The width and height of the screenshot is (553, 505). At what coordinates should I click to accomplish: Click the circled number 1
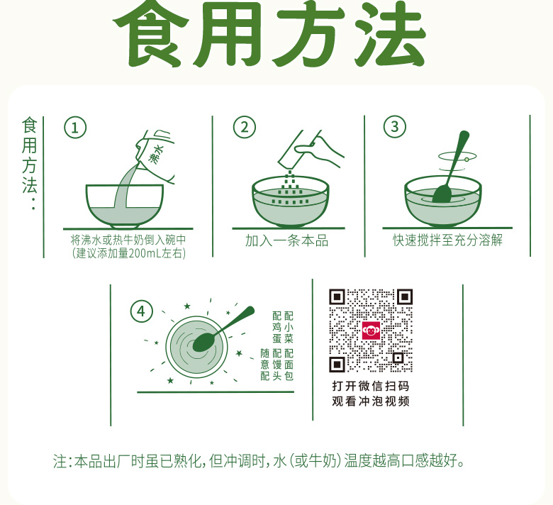click(75, 128)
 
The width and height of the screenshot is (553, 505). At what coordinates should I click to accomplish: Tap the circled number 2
click(245, 127)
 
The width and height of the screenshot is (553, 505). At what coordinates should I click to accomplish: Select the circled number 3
click(395, 126)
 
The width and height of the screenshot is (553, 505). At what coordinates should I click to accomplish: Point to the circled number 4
click(141, 311)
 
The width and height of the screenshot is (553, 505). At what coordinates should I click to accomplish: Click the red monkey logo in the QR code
click(371, 331)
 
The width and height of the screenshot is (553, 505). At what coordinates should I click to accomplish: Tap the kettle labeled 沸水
click(155, 155)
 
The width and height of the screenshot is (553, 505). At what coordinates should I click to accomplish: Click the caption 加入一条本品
click(286, 240)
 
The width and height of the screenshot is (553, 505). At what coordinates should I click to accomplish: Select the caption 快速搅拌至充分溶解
click(447, 240)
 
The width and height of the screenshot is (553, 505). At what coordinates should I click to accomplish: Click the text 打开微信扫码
click(371, 386)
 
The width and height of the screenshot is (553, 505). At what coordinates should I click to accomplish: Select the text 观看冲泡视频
click(371, 401)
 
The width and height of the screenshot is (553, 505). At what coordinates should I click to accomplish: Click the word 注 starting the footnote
click(60, 461)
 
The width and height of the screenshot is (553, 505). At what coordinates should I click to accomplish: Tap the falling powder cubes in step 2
click(290, 189)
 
